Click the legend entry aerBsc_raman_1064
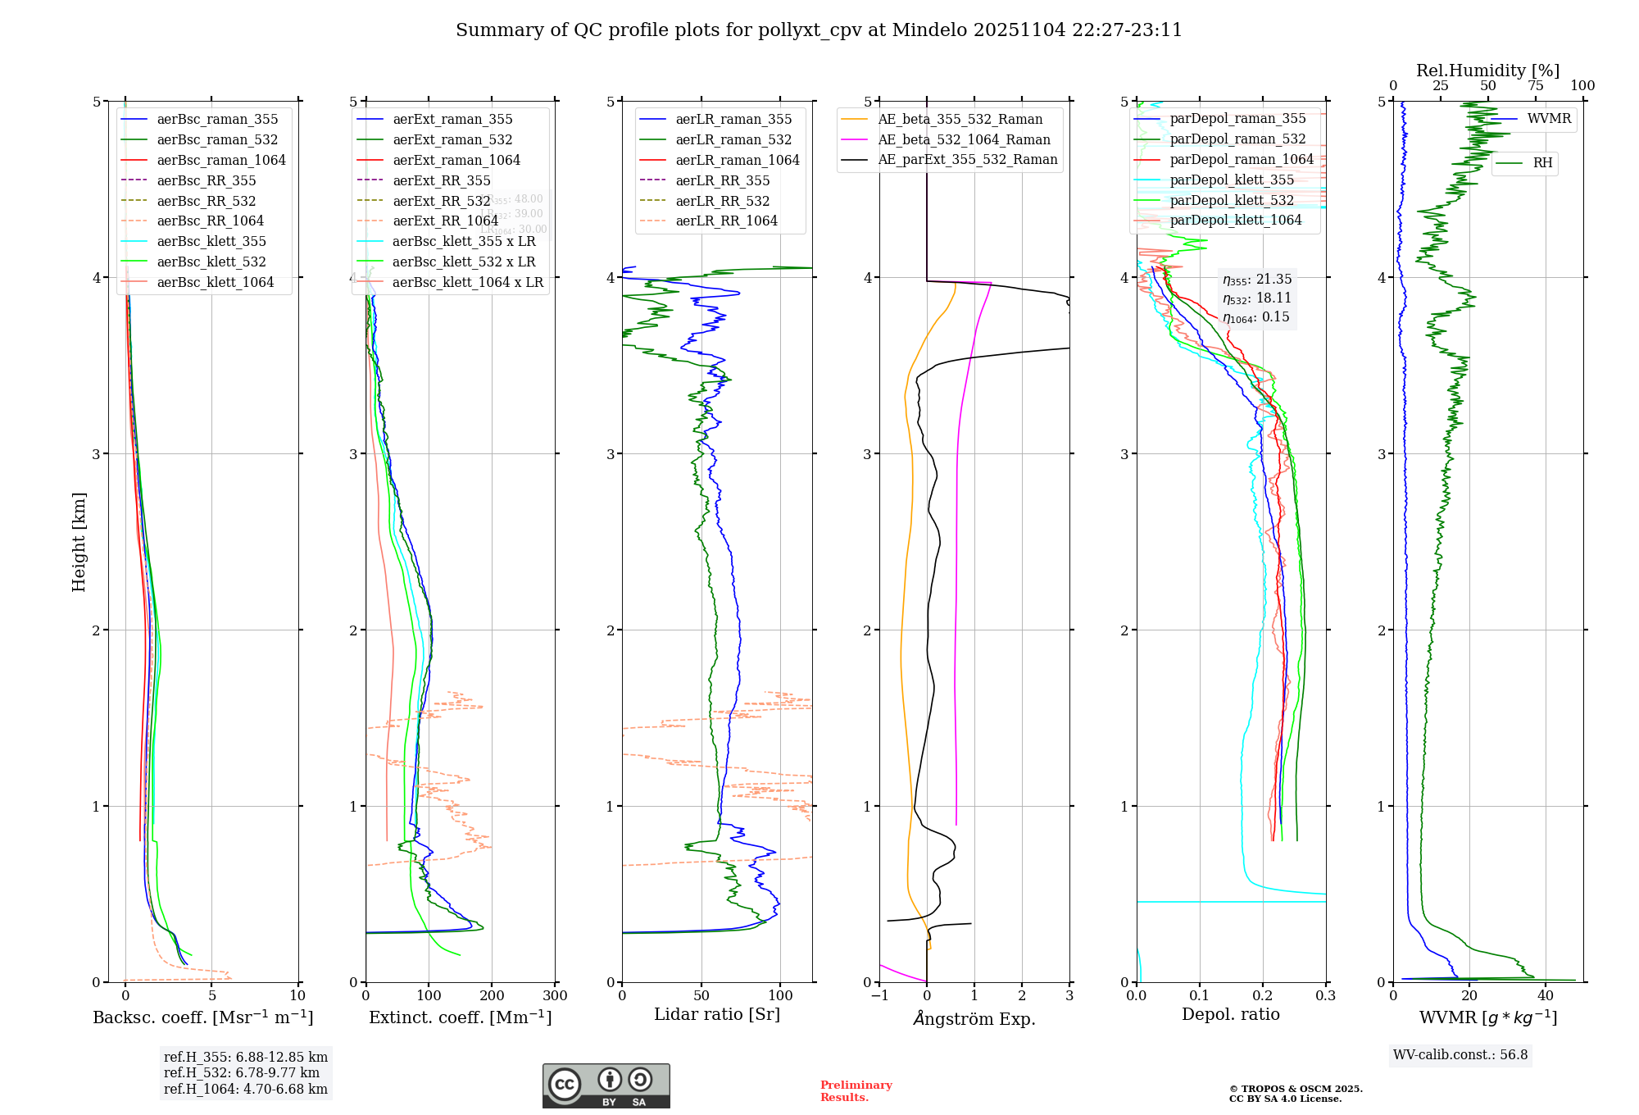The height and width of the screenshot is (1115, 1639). pos(221,160)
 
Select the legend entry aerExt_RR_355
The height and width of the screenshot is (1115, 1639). pos(441,180)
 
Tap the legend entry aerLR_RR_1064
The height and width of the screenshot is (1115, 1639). pos(726,221)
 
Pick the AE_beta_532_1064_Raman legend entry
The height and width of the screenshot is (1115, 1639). pos(964,139)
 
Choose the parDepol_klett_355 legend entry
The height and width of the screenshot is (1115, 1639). pos(1232,180)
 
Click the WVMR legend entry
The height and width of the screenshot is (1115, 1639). pos(1549,119)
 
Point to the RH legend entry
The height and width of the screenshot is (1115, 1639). pos(1542,163)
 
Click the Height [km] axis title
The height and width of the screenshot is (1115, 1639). pos(79,542)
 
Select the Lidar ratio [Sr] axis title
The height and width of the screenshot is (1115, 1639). pos(717,1014)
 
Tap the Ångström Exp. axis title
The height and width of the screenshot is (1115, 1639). pos(974,1018)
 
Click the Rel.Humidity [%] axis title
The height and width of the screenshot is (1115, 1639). pos(1487,71)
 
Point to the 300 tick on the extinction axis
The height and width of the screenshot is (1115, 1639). pos(556,996)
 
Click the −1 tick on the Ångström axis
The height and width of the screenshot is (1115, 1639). pos(879,996)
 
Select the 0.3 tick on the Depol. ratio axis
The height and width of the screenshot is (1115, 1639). pos(1325,996)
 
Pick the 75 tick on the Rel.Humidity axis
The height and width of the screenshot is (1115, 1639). pos(1535,86)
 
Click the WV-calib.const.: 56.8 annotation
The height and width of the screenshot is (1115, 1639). pos(1460,1054)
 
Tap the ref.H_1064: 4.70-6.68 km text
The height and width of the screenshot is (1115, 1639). pos(245,1089)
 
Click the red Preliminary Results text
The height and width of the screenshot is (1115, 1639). pos(856,1091)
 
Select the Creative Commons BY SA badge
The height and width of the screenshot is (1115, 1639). pos(606,1085)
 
